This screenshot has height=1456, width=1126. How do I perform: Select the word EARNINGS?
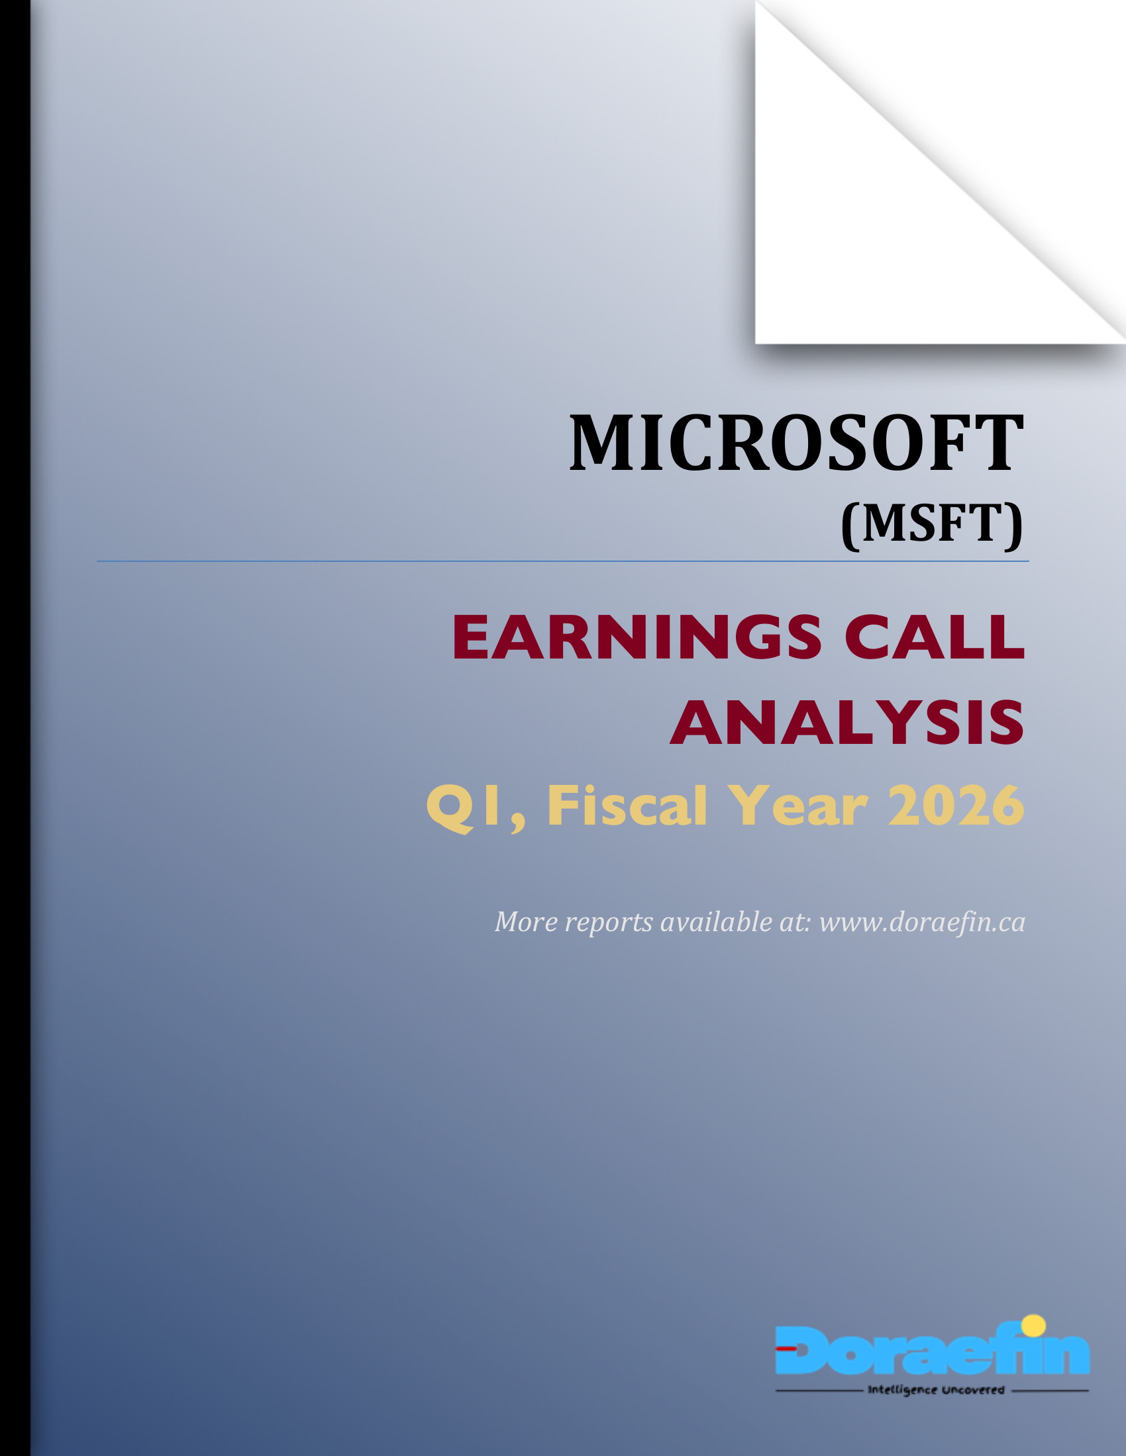pyautogui.click(x=637, y=637)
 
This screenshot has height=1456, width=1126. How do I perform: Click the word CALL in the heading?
pyautogui.click(x=934, y=637)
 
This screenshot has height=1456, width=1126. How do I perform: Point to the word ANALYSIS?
pyautogui.click(x=847, y=723)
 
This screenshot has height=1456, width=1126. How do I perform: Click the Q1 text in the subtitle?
pyautogui.click(x=463, y=806)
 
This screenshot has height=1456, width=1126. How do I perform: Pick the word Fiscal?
pyautogui.click(x=627, y=806)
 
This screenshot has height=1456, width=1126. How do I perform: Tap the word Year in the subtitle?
pyautogui.click(x=797, y=806)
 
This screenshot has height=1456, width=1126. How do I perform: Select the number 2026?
pyautogui.click(x=956, y=806)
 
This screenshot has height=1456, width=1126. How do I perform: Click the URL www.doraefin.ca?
pyautogui.click(x=922, y=922)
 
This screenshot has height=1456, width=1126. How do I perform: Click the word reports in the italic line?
pyautogui.click(x=608, y=923)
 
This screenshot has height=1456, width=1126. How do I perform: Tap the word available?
pyautogui.click(x=716, y=922)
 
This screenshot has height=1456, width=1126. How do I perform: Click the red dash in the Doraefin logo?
pyautogui.click(x=787, y=1347)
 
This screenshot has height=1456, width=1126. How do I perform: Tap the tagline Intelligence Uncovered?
pyautogui.click(x=935, y=1390)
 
